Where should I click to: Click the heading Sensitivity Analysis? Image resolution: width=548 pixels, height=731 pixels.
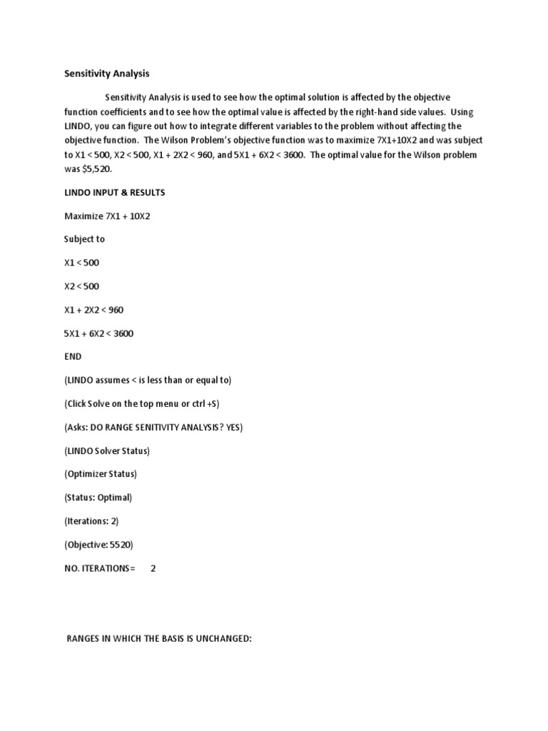tap(106, 73)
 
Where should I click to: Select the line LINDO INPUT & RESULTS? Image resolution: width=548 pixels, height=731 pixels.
tap(115, 193)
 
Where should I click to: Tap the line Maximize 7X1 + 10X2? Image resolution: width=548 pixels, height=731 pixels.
tap(107, 216)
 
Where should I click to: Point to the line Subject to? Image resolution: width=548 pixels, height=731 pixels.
tap(84, 239)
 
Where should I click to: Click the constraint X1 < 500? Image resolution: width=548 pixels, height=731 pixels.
tap(82, 263)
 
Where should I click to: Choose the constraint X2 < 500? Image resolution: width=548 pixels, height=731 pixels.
tap(82, 286)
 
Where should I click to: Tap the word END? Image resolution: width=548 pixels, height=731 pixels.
tap(73, 356)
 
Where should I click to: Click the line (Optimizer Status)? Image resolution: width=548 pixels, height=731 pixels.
tap(101, 473)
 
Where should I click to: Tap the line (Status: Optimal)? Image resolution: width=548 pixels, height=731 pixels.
tap(98, 497)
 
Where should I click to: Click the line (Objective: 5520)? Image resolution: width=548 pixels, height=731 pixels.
tap(98, 544)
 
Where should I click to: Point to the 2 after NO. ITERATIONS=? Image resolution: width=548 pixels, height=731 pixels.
tap(153, 568)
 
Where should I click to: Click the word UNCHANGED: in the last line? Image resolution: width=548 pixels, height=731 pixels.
tap(222, 637)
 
